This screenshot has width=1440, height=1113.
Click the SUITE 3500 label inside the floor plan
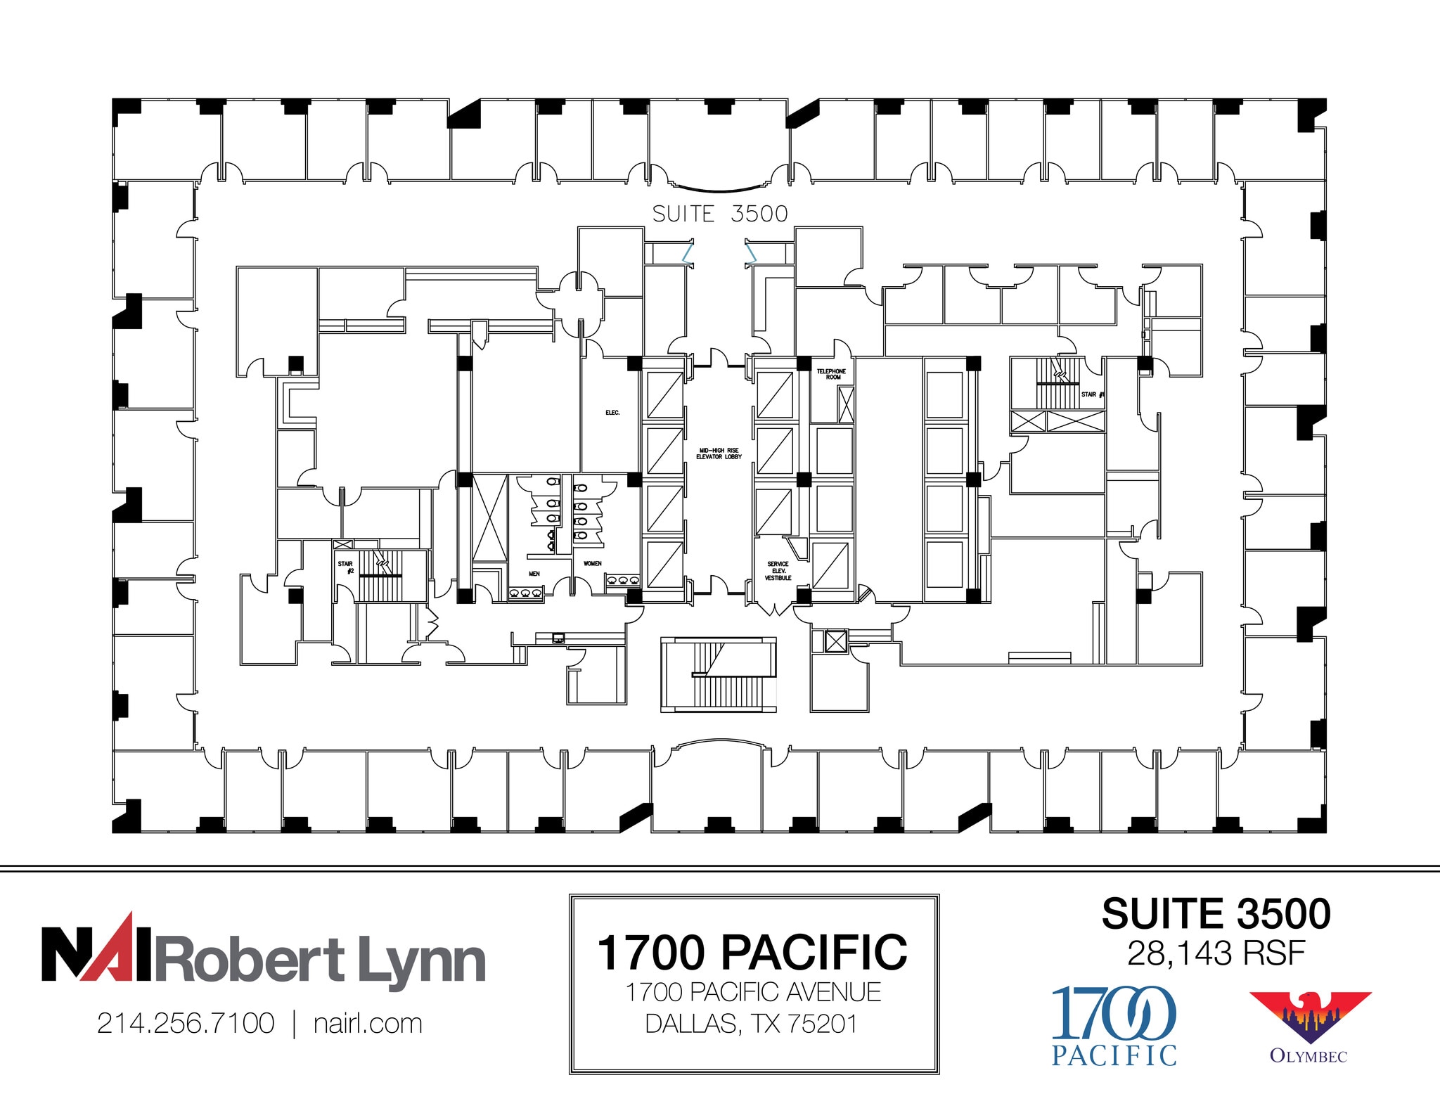[x=719, y=214]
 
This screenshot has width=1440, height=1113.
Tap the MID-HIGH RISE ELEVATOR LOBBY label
[x=719, y=453]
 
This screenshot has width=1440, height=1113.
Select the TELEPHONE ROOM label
[x=831, y=374]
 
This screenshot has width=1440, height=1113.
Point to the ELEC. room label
[x=612, y=413]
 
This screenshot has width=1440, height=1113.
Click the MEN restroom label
[x=534, y=574]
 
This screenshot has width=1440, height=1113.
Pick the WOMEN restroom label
[x=592, y=563]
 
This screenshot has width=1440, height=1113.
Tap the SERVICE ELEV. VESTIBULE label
[x=778, y=571]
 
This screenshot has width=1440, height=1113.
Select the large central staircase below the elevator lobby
[x=718, y=675]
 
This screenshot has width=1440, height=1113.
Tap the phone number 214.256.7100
[x=186, y=1023]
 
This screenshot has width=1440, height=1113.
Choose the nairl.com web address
[x=368, y=1023]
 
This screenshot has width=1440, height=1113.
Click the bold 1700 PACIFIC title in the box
[x=752, y=953]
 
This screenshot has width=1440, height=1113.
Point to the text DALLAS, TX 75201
[x=752, y=1024]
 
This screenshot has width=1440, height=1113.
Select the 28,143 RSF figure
[x=1216, y=953]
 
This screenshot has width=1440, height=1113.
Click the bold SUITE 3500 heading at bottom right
[x=1216, y=914]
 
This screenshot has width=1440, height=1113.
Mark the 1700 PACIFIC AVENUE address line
[x=752, y=992]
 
